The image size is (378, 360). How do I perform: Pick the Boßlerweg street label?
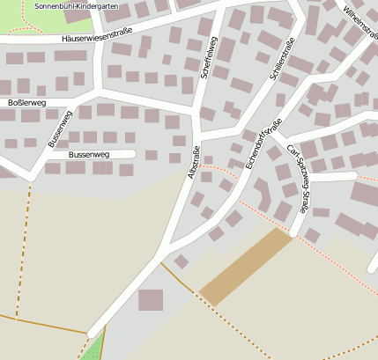pos(26,103)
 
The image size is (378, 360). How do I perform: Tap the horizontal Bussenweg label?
pos(89,154)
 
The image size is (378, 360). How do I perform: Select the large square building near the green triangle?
pos(151,299)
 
